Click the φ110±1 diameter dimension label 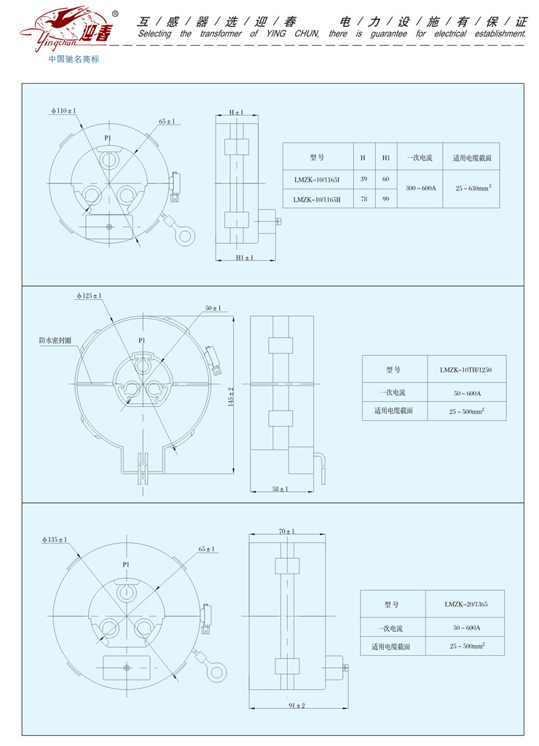tap(64, 111)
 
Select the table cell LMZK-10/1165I tap(317, 180)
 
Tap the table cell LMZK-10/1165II tap(317, 199)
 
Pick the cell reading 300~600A tap(420, 188)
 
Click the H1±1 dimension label tap(245, 258)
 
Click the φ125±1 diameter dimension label tap(89, 295)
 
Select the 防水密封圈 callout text tap(55, 341)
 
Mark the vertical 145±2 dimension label tap(231, 397)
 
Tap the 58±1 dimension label tap(280, 488)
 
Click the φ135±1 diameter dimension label tap(55, 539)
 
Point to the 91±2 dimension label tap(296, 705)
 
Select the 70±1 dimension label tap(287, 531)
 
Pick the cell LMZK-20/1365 tap(466, 604)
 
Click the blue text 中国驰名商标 tap(74, 59)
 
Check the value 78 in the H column tap(363, 199)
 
